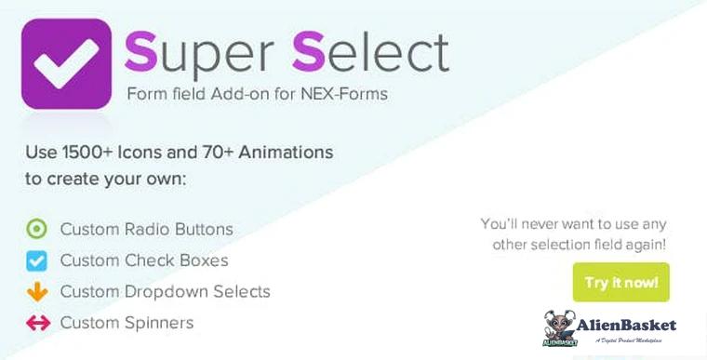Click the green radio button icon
(x=37, y=229)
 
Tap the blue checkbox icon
(x=37, y=260)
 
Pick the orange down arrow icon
(x=37, y=292)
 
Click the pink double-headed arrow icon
(x=37, y=324)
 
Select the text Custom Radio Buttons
(x=147, y=229)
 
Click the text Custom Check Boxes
(x=144, y=260)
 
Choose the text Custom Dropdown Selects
(x=166, y=292)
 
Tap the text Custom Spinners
(x=127, y=324)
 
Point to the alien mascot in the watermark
(x=560, y=327)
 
